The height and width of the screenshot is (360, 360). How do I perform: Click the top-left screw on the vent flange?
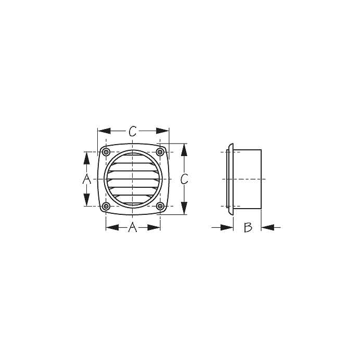click(x=106, y=152)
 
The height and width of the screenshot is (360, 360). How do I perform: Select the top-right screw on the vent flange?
click(x=160, y=152)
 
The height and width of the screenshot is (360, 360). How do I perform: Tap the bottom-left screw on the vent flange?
click(x=106, y=206)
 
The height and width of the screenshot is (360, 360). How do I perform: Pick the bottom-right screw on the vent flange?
click(x=160, y=206)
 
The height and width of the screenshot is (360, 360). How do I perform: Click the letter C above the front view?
click(x=133, y=131)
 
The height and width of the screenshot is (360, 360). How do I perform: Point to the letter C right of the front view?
click(x=184, y=179)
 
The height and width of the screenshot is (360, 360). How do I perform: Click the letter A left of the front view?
click(x=86, y=179)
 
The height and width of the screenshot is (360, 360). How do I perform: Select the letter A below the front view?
click(x=133, y=227)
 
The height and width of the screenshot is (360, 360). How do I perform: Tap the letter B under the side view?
click(x=248, y=227)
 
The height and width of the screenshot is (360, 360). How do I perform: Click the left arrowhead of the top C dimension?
click(x=104, y=131)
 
